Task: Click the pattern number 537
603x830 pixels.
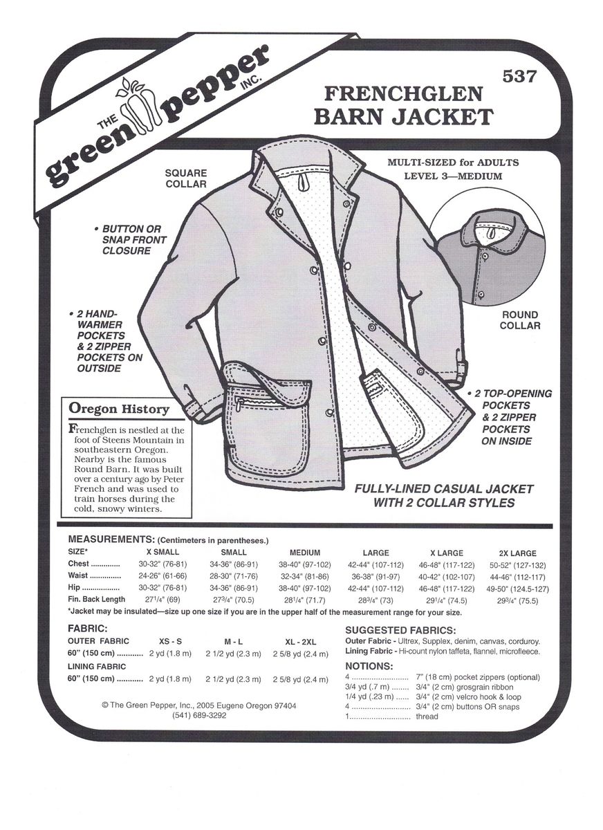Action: pyautogui.click(x=520, y=77)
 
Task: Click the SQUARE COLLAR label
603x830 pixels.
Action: pyautogui.click(x=186, y=178)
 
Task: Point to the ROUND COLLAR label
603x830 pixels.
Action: pyautogui.click(x=519, y=320)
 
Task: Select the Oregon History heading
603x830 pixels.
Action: pyautogui.click(x=119, y=409)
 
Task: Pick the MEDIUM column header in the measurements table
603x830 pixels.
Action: pyautogui.click(x=304, y=553)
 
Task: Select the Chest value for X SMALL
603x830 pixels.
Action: pyautogui.click(x=163, y=564)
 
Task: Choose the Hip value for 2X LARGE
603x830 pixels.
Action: pyautogui.click(x=517, y=588)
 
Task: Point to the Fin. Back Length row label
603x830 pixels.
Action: pyautogui.click(x=97, y=600)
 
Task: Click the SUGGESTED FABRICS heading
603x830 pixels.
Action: pyautogui.click(x=400, y=631)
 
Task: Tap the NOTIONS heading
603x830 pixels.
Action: pyautogui.click(x=369, y=666)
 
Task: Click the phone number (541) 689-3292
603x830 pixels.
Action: pyautogui.click(x=199, y=716)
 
